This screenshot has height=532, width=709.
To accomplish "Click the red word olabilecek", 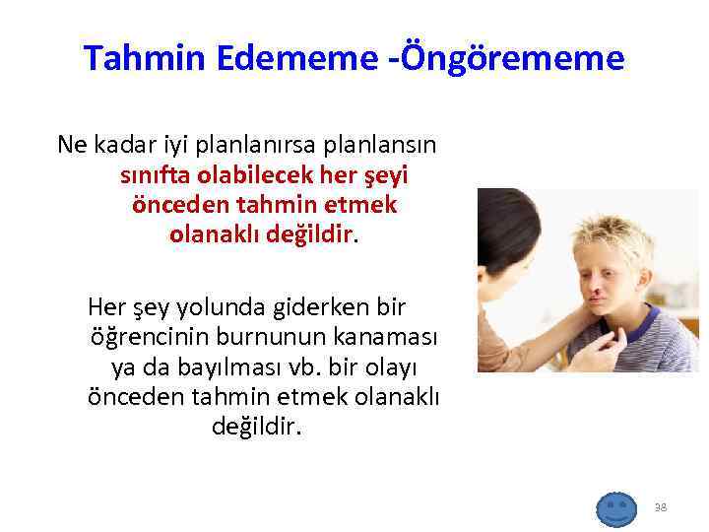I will pos(252,175).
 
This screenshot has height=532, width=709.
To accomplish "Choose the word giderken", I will pos(313,308).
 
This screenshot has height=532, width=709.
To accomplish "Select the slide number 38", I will pos(660,507).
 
